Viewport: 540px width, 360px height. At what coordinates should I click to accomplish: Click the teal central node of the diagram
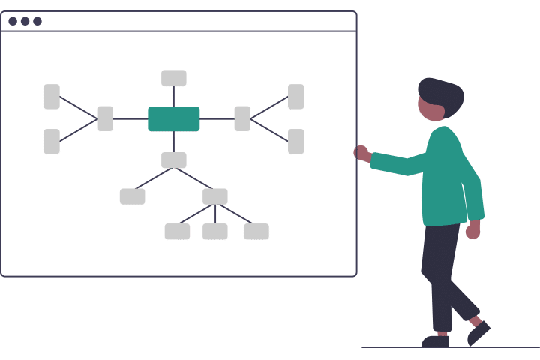[x=174, y=118]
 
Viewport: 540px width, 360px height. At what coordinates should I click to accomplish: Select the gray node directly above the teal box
[x=174, y=78]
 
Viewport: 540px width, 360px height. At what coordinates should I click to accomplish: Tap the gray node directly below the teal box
[x=174, y=160]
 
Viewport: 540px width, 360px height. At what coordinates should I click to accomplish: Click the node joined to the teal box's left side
[x=105, y=118]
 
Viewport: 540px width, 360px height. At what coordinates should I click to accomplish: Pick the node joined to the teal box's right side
[x=242, y=118]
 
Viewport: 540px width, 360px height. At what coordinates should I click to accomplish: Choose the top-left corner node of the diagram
[x=52, y=97]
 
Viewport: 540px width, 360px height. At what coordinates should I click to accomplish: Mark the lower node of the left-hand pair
[x=52, y=141]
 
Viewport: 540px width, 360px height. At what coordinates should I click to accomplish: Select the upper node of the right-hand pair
[x=296, y=97]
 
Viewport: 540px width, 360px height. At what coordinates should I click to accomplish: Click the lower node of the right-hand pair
[x=296, y=141]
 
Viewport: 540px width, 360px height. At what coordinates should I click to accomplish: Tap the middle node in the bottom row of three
[x=215, y=232]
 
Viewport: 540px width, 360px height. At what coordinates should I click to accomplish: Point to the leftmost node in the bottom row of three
[x=177, y=232]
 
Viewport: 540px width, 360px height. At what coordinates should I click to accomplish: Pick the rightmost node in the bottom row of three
[x=256, y=232]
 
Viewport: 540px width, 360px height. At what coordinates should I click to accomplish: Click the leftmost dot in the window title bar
[x=13, y=21]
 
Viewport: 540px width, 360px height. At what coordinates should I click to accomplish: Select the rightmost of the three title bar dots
[x=37, y=21]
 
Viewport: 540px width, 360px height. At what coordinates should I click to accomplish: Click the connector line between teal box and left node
[x=130, y=118]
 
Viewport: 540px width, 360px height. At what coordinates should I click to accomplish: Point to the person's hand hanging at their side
[x=472, y=229]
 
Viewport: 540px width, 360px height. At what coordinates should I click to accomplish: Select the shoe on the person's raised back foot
[x=478, y=332]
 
